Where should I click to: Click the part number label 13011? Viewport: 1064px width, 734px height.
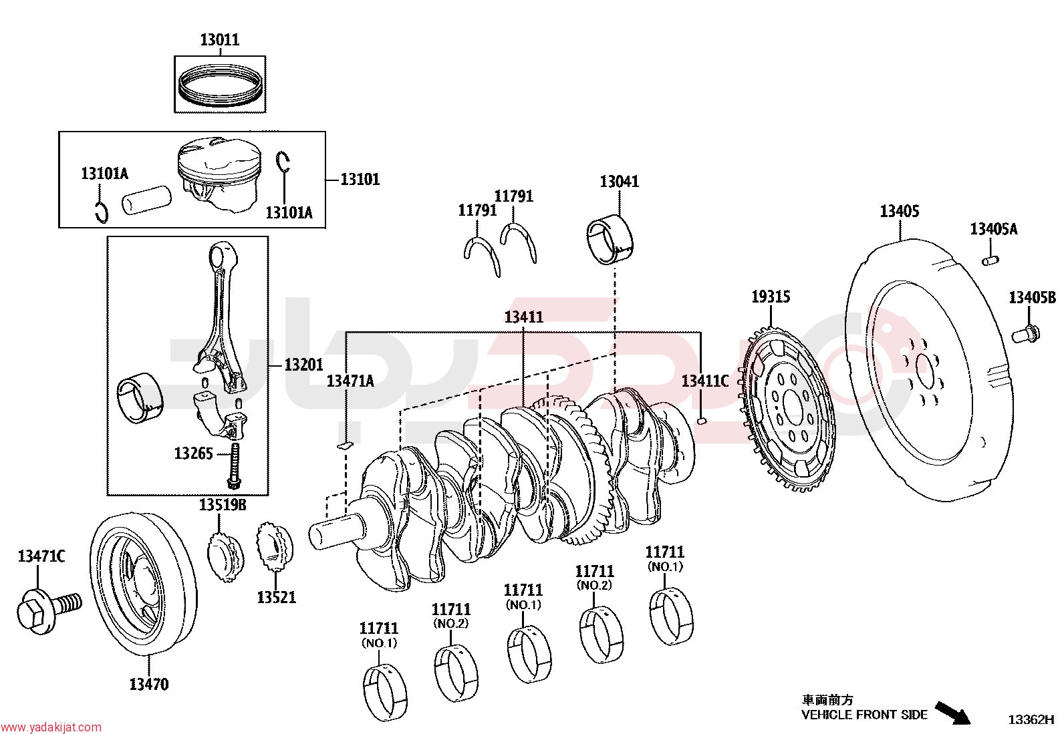219,39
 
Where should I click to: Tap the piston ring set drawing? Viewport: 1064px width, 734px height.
220,86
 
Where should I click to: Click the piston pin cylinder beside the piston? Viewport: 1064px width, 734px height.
146,200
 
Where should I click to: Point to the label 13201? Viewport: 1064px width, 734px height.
303,365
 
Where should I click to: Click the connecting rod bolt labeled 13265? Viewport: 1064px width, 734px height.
234,466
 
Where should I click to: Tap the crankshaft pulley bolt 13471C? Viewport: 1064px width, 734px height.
49,610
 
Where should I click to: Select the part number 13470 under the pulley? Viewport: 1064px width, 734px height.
149,684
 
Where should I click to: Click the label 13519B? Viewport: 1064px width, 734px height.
223,505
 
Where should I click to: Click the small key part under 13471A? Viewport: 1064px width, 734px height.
346,445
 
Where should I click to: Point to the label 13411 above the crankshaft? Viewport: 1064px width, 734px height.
523,317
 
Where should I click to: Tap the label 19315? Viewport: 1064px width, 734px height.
771,297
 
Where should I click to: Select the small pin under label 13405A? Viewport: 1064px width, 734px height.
990,260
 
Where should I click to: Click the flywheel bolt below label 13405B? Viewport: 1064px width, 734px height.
1025,334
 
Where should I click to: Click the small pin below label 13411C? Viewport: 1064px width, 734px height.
702,421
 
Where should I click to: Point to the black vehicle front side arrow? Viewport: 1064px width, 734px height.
952,713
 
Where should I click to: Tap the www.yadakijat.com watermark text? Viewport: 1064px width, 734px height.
51,727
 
